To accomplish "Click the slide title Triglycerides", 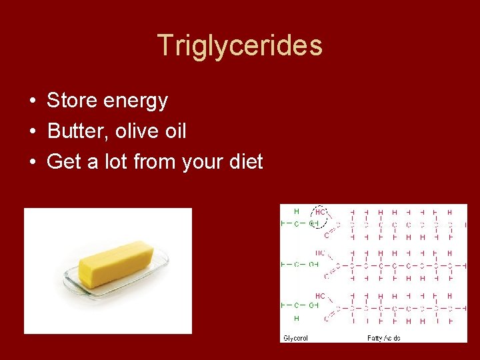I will click(240, 45).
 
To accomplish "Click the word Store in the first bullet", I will click(72, 101).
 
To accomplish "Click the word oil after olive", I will click(175, 131).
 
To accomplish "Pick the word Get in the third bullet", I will click(63, 161).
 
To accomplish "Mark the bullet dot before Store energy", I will click(32, 102).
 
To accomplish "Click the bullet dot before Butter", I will click(32, 132).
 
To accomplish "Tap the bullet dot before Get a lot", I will click(32, 162).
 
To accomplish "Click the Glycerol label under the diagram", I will click(296, 337).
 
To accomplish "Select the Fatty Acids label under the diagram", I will click(383, 337).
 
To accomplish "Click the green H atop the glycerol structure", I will click(297, 212).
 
